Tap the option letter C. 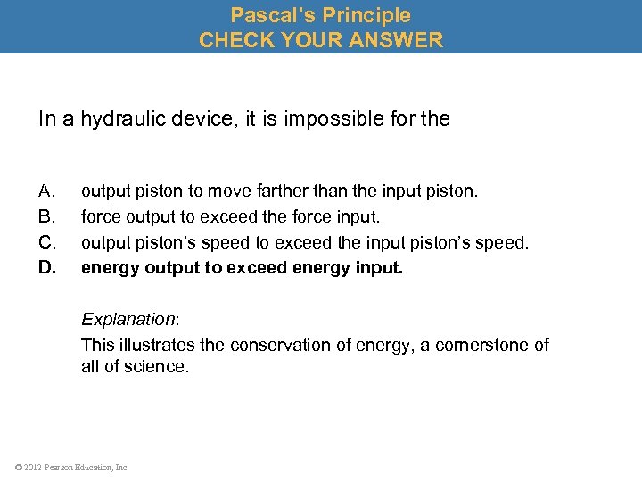[48, 242]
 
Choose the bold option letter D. [48, 267]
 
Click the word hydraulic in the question [121, 118]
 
